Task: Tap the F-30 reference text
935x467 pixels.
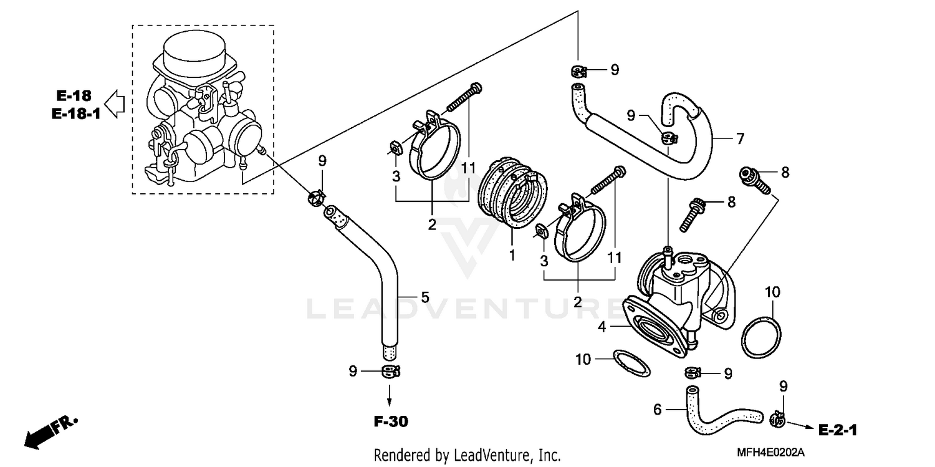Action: click(391, 422)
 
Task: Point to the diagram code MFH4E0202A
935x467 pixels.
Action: click(771, 452)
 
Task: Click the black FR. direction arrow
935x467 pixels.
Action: click(39, 434)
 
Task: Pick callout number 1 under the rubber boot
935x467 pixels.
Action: click(512, 255)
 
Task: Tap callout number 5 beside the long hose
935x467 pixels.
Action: click(424, 297)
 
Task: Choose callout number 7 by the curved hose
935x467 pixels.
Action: click(740, 139)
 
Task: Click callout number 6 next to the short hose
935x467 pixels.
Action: click(656, 409)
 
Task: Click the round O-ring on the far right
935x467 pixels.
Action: click(761, 337)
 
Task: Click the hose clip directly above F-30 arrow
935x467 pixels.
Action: click(390, 372)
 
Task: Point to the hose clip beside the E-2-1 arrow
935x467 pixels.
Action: click(777, 420)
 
